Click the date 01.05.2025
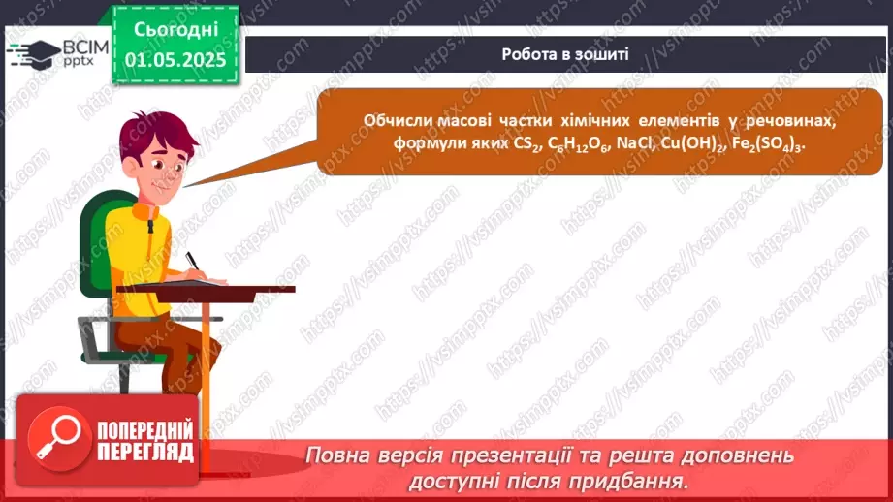[175, 59]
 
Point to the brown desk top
[206, 288]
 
